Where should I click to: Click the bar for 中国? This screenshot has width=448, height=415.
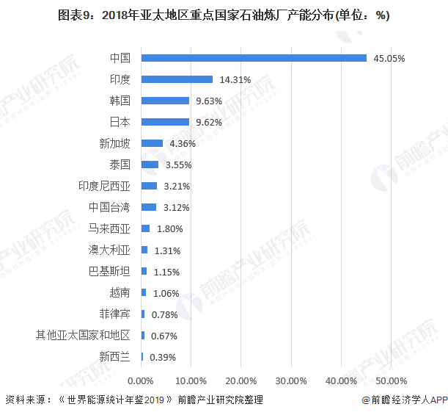pos(254,58)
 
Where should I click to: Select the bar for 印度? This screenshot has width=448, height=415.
pos(177,79)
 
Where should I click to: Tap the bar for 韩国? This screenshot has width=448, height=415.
pos(165,101)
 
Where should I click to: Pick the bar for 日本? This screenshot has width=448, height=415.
pos(165,122)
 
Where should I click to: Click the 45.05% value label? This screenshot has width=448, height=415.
pos(389,58)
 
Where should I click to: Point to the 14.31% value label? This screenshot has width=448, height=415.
pos(234,79)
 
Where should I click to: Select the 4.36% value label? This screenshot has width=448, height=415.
pos(183,143)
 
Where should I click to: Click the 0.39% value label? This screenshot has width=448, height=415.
pos(162,357)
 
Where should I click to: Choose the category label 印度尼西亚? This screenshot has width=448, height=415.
pos(104,186)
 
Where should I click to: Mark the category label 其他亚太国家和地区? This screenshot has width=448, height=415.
pos(83,336)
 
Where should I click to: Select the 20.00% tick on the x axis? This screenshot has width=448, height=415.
pos(241,380)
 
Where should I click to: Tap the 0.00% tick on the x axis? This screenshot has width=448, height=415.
pos(141,380)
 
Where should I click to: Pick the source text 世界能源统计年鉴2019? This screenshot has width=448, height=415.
pos(117,400)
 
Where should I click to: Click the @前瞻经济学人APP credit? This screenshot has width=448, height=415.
pos(404,400)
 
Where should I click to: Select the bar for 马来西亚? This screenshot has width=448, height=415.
pos(145,228)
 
